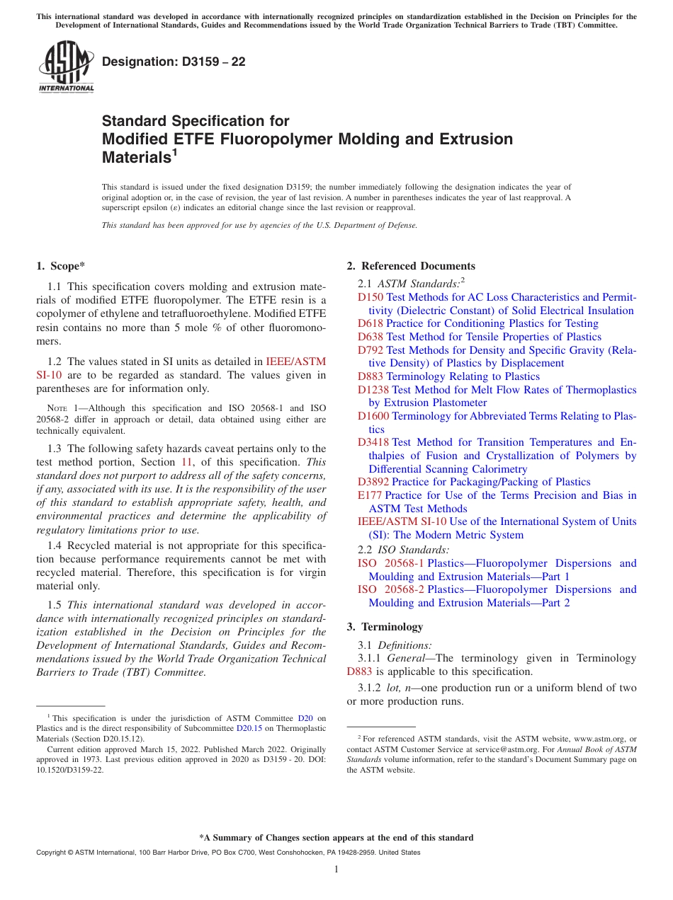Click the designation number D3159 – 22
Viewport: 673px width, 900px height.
[x=174, y=62]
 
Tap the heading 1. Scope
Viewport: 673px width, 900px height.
[x=60, y=266]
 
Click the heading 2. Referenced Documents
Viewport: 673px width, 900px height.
[x=411, y=266]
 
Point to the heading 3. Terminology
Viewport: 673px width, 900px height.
[x=385, y=627]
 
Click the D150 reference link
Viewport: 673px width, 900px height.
[x=370, y=297]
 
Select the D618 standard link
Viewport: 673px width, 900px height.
[x=370, y=323]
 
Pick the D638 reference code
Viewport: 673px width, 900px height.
[x=370, y=337]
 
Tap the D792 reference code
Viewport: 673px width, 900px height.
[x=370, y=350]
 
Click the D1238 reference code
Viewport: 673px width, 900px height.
[x=373, y=390]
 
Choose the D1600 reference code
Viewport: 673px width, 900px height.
[x=373, y=416]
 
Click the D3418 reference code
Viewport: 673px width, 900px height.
[x=373, y=442]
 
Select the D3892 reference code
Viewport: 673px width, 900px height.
[x=373, y=482]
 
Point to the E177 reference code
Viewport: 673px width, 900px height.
[x=369, y=495]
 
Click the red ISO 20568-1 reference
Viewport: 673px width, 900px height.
[x=390, y=563]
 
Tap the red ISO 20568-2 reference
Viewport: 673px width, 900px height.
[x=390, y=589]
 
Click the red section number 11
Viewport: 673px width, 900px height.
[x=187, y=462]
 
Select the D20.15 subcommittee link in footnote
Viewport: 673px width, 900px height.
[x=249, y=728]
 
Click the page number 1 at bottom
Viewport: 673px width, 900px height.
[x=336, y=870]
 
